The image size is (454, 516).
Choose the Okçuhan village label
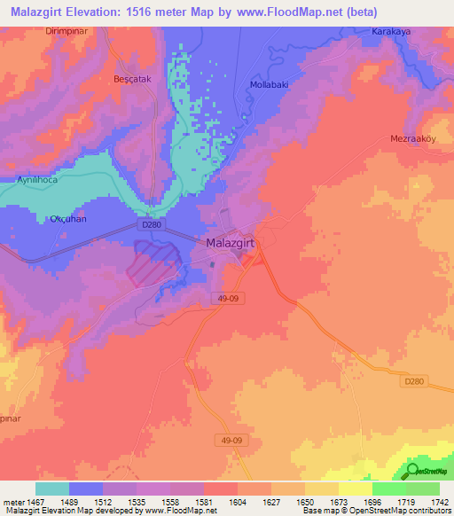click(x=67, y=217)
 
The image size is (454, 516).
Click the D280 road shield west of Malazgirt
click(x=152, y=225)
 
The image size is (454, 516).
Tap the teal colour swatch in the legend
click(x=52, y=489)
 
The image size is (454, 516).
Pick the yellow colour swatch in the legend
click(x=356, y=489)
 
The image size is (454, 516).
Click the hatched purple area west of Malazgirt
click(x=156, y=263)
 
